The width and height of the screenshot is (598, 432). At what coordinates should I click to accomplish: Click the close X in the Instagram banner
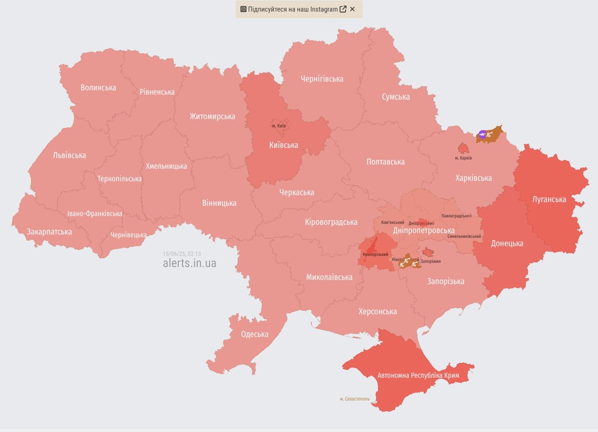(352, 9)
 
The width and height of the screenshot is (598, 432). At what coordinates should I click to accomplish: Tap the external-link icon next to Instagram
(343, 9)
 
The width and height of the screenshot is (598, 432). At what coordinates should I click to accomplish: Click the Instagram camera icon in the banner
(243, 9)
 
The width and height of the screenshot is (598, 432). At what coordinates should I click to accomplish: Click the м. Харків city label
(463, 158)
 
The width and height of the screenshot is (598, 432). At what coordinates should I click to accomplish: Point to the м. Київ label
(279, 126)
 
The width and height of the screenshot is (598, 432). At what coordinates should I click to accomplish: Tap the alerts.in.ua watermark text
(189, 263)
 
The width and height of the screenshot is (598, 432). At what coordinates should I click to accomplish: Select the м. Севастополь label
(355, 399)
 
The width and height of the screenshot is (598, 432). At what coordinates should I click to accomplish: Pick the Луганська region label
(549, 199)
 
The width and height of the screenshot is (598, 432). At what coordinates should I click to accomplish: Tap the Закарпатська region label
(49, 231)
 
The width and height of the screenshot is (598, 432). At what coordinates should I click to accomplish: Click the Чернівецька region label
(129, 234)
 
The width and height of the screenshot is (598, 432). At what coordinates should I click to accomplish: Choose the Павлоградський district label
(456, 216)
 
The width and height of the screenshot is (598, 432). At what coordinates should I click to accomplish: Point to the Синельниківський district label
(464, 236)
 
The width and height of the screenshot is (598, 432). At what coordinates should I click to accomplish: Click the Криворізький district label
(376, 254)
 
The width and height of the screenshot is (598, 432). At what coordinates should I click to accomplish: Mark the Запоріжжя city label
(431, 261)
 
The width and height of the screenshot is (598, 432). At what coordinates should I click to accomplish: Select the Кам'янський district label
(393, 222)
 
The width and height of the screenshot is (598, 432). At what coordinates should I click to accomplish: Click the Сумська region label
(396, 97)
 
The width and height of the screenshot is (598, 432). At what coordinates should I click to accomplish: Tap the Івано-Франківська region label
(95, 214)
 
